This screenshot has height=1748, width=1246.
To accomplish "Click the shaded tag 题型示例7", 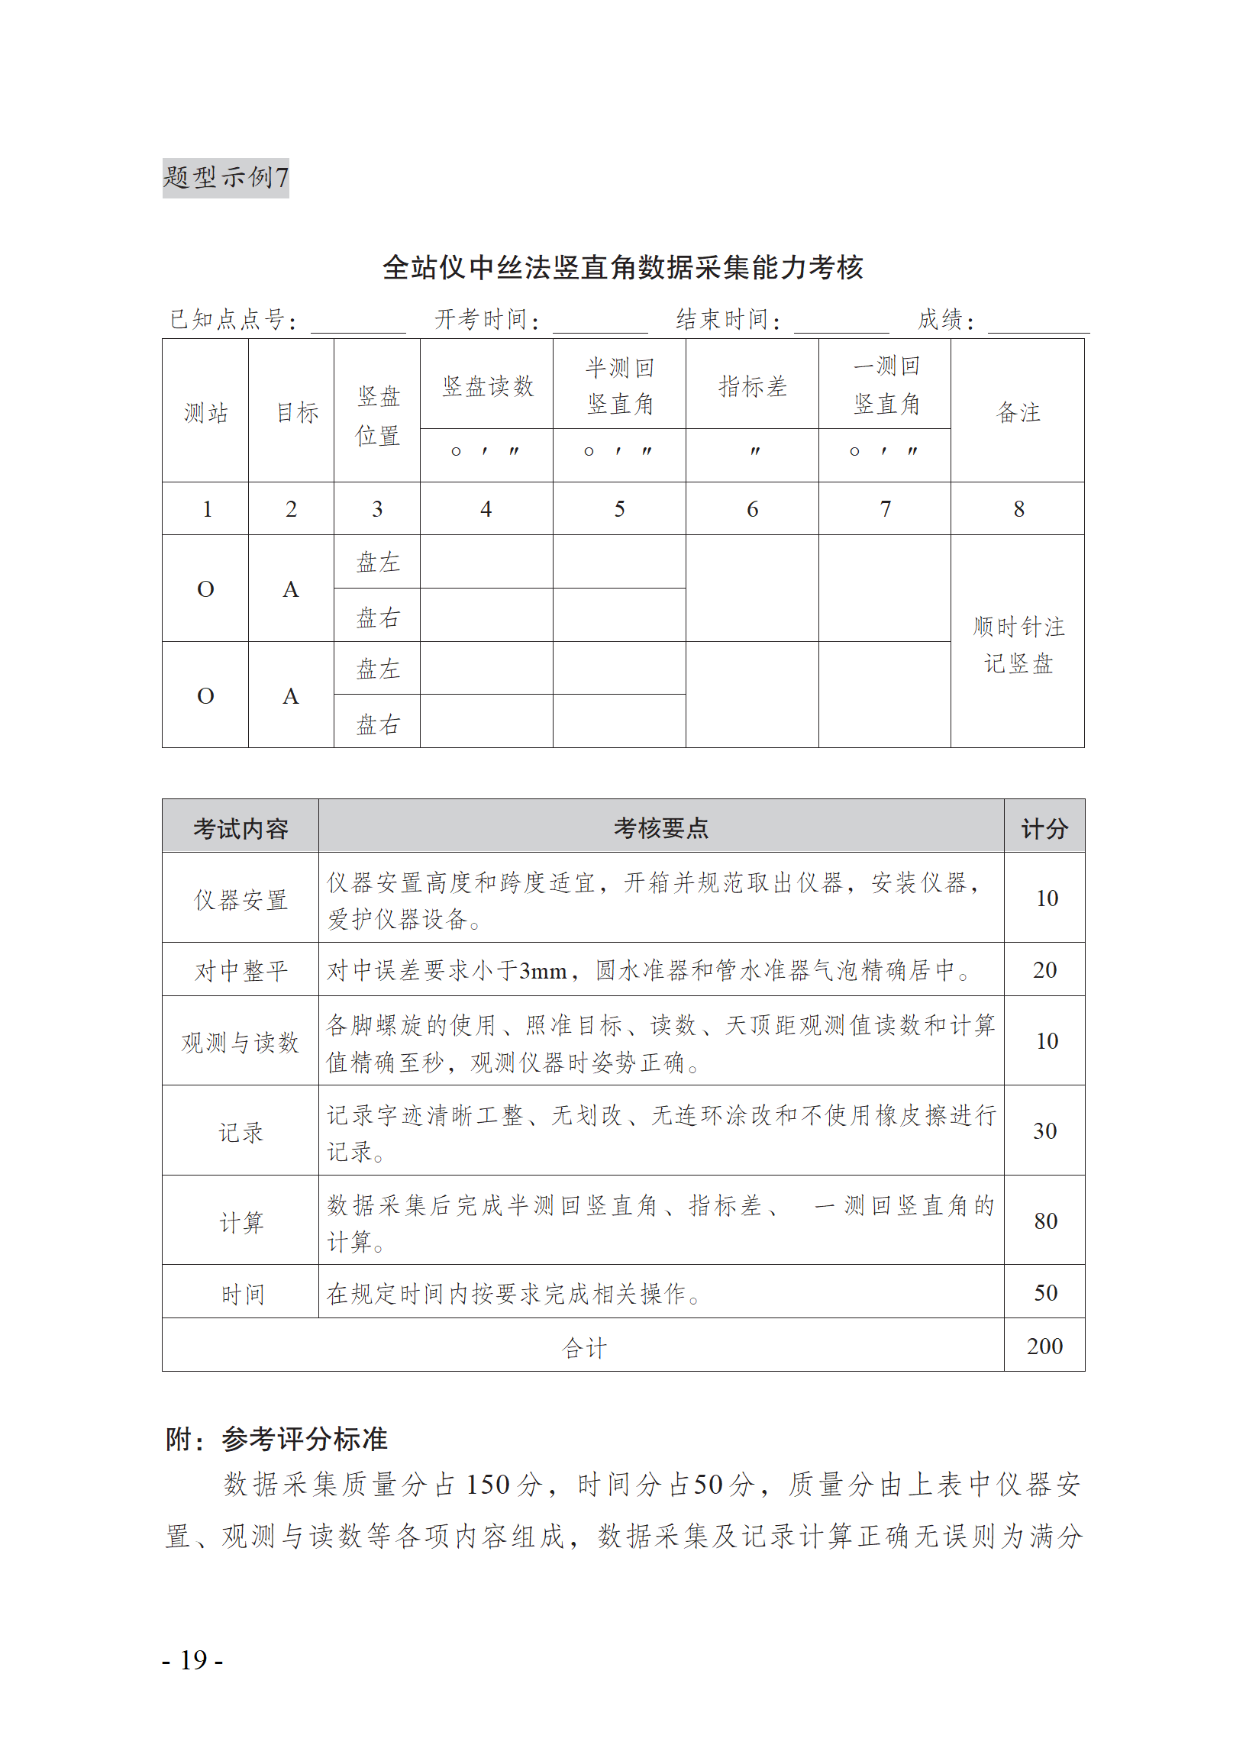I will tap(225, 178).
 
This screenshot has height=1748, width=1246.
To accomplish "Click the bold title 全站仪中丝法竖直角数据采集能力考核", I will tap(622, 268).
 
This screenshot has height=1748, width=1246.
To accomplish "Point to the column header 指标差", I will tap(752, 386).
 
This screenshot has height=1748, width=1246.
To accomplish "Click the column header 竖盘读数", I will tap(486, 386).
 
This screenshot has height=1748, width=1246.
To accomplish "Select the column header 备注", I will tap(1018, 413).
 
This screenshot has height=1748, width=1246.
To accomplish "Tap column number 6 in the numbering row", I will tap(752, 509).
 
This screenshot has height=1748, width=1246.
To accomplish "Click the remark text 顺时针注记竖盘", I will tap(1018, 645).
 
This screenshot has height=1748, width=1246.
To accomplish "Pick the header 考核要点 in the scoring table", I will tap(660, 828).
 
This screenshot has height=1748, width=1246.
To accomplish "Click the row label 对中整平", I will tap(240, 971).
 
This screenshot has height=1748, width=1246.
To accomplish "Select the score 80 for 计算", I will tap(1045, 1221).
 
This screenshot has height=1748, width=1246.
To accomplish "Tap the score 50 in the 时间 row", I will tap(1045, 1293).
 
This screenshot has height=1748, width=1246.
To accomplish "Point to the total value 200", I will tap(1045, 1346).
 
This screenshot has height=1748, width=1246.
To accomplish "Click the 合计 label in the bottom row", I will tap(584, 1347).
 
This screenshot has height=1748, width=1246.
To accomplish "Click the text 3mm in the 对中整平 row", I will tap(542, 972).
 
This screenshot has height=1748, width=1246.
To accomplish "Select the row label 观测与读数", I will tap(240, 1043).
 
